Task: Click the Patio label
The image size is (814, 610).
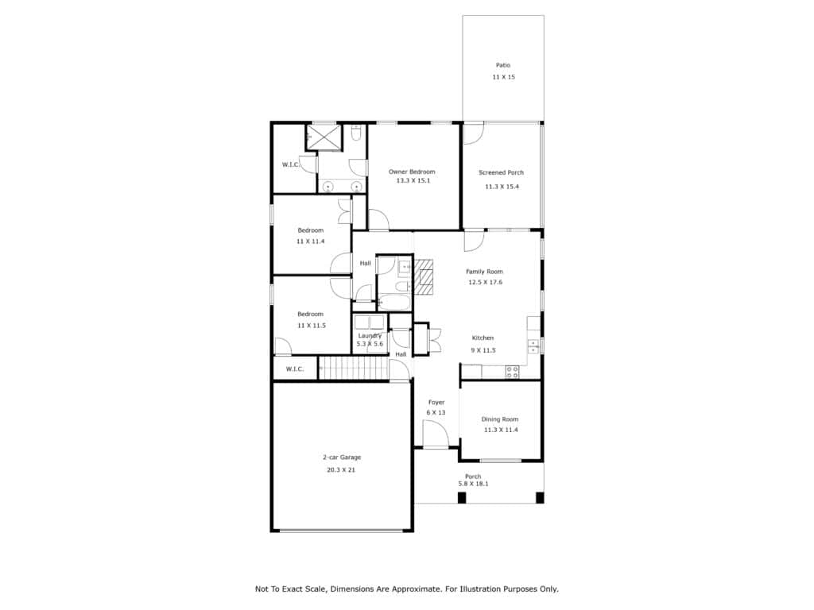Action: coord(502,65)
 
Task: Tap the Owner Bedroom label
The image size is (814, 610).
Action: coord(412,172)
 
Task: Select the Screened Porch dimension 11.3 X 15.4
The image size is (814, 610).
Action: coord(502,186)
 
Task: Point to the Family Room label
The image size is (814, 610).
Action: coord(484,272)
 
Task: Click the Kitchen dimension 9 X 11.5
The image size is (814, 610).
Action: coord(483,350)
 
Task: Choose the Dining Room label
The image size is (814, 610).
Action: coord(499,419)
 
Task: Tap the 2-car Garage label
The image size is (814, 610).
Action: coord(342,457)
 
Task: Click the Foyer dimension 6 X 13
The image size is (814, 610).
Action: coord(436,412)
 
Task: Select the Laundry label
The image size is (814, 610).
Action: coord(370,336)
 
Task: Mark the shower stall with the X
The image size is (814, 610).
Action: coord(324,137)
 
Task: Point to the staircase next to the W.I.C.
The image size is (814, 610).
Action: coord(353,368)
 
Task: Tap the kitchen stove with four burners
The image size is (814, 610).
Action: coord(512,372)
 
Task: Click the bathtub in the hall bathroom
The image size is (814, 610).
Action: coord(394,302)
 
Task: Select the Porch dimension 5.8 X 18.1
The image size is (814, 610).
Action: coord(473,484)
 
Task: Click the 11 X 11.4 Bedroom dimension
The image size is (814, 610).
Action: coord(311,241)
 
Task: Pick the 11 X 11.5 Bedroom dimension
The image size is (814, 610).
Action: coord(311,325)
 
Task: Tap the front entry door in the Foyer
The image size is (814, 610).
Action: coord(435,434)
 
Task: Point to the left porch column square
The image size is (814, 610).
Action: coord(462,497)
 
